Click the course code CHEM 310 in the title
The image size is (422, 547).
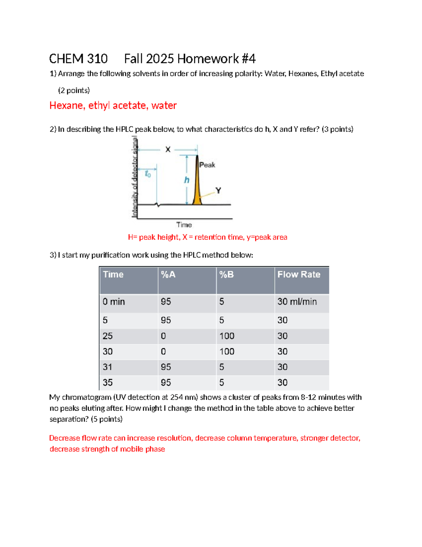pyautogui.click(x=78, y=58)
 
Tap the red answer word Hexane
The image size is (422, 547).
pyautogui.click(x=66, y=105)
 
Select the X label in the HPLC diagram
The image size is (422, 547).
pyautogui.click(x=168, y=150)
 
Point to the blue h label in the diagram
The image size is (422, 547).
pyautogui.click(x=187, y=180)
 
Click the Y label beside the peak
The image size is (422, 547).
pyautogui.click(x=218, y=191)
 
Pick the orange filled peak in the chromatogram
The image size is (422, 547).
pyautogui.click(x=197, y=190)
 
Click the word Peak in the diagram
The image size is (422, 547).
pyautogui.click(x=207, y=165)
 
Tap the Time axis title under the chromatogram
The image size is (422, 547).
pyautogui.click(x=184, y=225)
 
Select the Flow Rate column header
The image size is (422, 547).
pyautogui.click(x=299, y=274)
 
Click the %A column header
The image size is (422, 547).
pyautogui.click(x=168, y=274)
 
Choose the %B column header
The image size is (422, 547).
pyautogui.click(x=226, y=274)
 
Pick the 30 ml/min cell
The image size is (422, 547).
pyautogui.click(x=297, y=302)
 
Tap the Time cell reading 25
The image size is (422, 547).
pyautogui.click(x=108, y=336)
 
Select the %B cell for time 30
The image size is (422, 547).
pyautogui.click(x=227, y=352)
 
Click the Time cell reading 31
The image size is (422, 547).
pyautogui.click(x=108, y=367)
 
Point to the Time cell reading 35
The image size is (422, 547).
pyautogui.click(x=108, y=383)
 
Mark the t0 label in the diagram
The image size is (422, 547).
pyautogui.click(x=148, y=174)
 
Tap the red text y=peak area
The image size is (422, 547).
pyautogui.click(x=267, y=237)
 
